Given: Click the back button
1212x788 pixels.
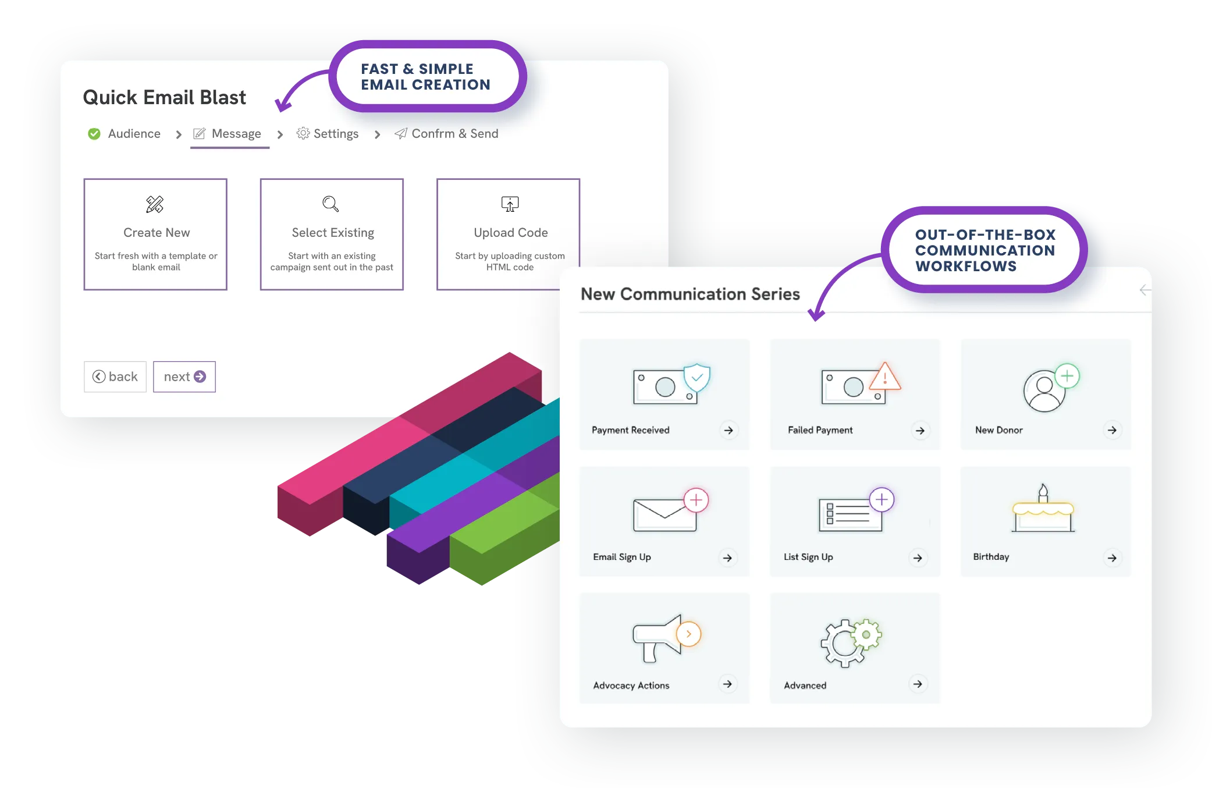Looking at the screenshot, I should pos(115,377).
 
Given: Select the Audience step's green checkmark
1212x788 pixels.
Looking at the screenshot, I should pos(94,134).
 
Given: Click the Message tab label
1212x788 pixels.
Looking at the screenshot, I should pos(236,134).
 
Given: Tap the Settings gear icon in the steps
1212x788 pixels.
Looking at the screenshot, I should pos(303,133).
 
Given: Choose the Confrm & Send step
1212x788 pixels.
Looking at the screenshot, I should pos(454,134).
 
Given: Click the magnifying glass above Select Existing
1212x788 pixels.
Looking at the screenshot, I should pos(330,204).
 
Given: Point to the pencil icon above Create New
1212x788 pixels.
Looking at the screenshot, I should pos(155,204).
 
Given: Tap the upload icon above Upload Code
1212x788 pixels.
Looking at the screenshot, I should pos(510,204).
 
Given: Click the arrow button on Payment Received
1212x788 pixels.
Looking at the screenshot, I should pos(728,430).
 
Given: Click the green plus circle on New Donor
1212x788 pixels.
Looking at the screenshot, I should pos(1067,376).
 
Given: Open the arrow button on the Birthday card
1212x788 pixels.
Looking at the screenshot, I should pos(1112,558).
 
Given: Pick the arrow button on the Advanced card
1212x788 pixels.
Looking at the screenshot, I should pos(918,684).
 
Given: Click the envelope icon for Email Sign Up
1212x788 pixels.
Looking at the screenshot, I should pos(664,514).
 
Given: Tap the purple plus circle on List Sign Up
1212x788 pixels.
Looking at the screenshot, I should pos(882,499).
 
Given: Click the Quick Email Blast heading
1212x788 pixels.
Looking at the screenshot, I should pos(164,97).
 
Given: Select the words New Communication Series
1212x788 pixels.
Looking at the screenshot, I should pos(690,294).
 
